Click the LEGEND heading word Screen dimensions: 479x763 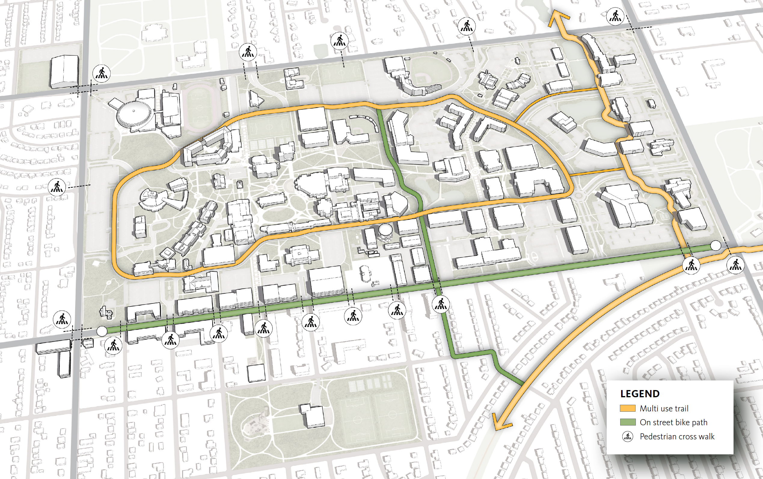pyautogui.click(x=640, y=394)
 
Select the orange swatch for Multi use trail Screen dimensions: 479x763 pyautogui.click(x=627, y=408)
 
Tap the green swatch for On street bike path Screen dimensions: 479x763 pyautogui.click(x=627, y=422)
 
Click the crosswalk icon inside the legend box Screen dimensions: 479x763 pyautogui.click(x=627, y=437)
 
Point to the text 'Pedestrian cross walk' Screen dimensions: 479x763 pyautogui.click(x=677, y=437)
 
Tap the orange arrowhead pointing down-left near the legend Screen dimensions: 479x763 pyautogui.click(x=501, y=425)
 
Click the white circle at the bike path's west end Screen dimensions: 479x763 pyautogui.click(x=102, y=331)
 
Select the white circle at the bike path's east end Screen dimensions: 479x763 pyautogui.click(x=715, y=245)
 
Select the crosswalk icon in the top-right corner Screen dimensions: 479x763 pyautogui.click(x=615, y=17)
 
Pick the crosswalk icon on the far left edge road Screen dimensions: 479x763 pyautogui.click(x=57, y=187)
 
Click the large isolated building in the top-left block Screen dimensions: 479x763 pyautogui.click(x=65, y=71)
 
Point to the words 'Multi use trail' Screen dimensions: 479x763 pyautogui.click(x=664, y=408)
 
